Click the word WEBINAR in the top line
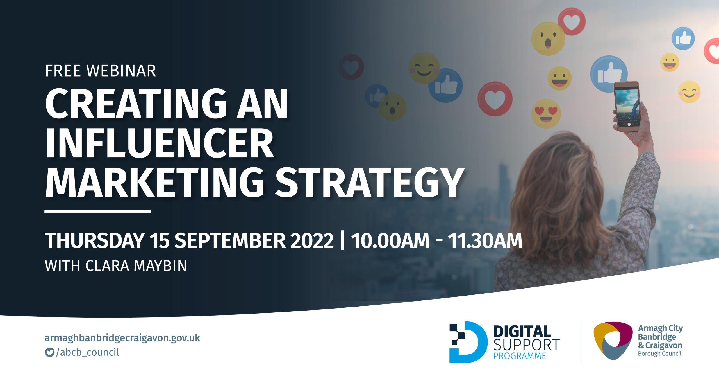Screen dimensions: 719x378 (x=121, y=71)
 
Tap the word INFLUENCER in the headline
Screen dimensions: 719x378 (x=160, y=143)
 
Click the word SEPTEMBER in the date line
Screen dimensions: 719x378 (x=230, y=240)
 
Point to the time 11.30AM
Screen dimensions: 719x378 (x=485, y=240)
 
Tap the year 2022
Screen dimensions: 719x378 (x=312, y=240)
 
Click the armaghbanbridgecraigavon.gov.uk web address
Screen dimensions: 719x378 (x=122, y=338)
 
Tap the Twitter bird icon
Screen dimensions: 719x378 (x=50, y=352)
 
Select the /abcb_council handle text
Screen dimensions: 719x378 (x=88, y=352)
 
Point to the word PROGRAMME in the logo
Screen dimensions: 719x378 (x=520, y=356)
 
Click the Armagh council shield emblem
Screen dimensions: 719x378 (x=613, y=341)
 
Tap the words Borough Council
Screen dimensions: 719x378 (x=660, y=354)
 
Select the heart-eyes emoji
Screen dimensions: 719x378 (x=546, y=113)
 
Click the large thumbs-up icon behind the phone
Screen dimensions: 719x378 (x=608, y=74)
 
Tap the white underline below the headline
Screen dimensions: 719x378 (x=98, y=211)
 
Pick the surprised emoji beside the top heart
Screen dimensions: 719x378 (x=548, y=39)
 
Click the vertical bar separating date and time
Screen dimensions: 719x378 (x=342, y=240)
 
